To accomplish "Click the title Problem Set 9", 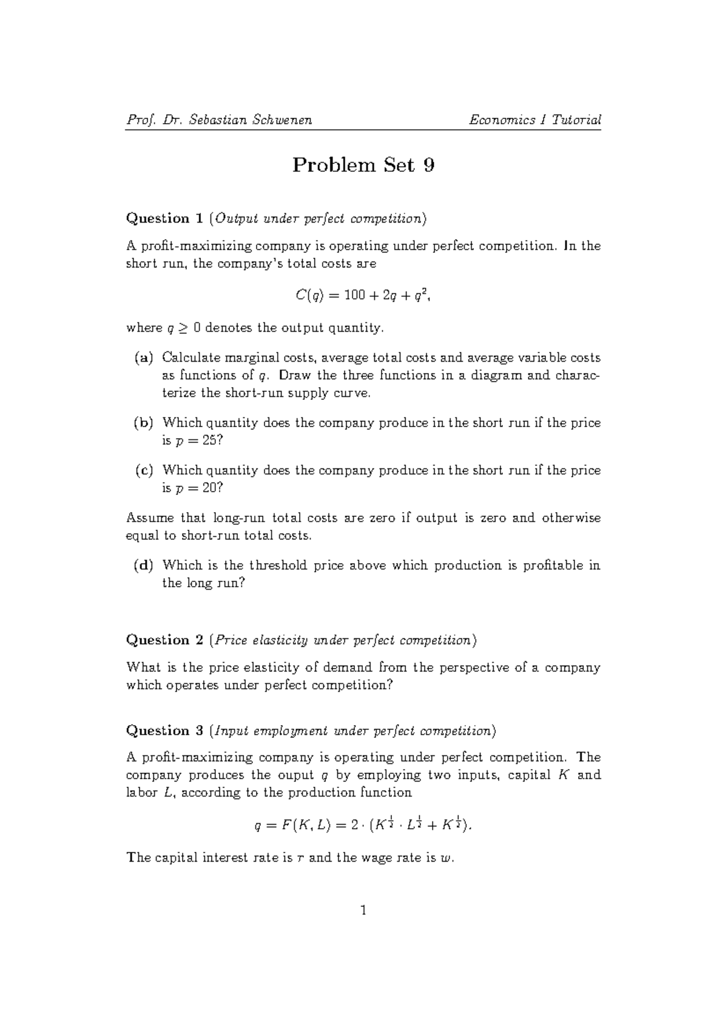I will click(363, 165).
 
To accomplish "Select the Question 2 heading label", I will click(164, 640).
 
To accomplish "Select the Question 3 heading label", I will click(164, 730).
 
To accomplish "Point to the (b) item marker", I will click(144, 422).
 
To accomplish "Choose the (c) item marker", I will click(144, 470).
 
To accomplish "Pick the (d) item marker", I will click(144, 565).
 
